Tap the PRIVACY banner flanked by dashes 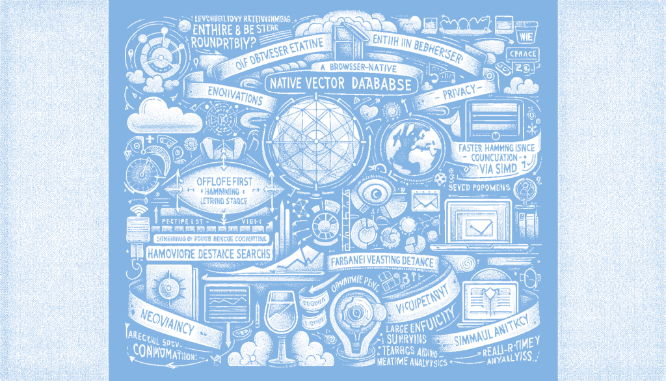(x=459, y=93)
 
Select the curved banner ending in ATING (x=278, y=53)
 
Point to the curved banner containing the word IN (x=420, y=47)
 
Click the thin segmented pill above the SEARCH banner (x=208, y=237)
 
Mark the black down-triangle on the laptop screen (x=481, y=225)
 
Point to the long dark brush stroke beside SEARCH (x=286, y=258)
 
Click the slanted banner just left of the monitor (x=425, y=298)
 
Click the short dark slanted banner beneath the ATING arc (x=235, y=96)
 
